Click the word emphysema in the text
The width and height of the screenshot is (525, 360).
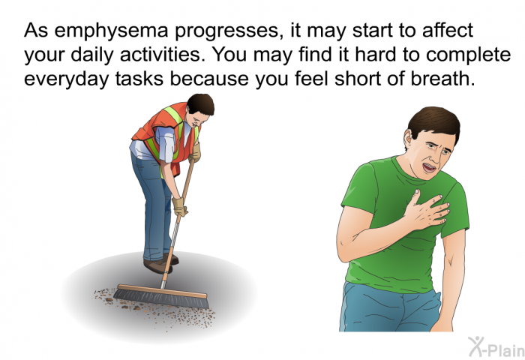[111, 31]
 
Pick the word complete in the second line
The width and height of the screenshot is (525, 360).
[469, 55]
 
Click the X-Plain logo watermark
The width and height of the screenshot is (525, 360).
[496, 346]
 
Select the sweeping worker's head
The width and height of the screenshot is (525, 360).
[199, 109]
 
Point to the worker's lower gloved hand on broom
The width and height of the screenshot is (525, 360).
[179, 206]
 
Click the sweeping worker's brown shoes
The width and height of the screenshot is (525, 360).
[160, 263]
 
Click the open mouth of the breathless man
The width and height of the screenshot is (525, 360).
[429, 167]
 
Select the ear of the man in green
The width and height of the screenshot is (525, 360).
[408, 138]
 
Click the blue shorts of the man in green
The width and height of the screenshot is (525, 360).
[390, 308]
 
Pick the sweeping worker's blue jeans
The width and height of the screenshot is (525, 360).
[154, 204]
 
